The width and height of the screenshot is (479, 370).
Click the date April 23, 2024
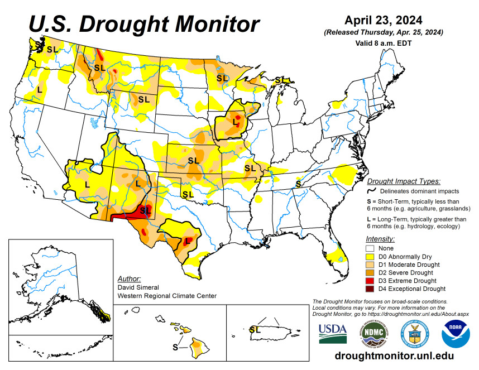[x=383, y=20]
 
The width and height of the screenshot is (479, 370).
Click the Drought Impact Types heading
[x=403, y=181]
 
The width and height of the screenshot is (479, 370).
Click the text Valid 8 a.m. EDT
[x=383, y=43]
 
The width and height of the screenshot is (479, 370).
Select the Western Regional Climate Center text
[x=166, y=296]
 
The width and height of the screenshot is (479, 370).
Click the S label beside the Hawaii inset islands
[x=175, y=347]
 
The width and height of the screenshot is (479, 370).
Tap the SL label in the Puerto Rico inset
[x=255, y=329]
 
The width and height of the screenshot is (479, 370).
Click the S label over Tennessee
[x=299, y=184]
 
